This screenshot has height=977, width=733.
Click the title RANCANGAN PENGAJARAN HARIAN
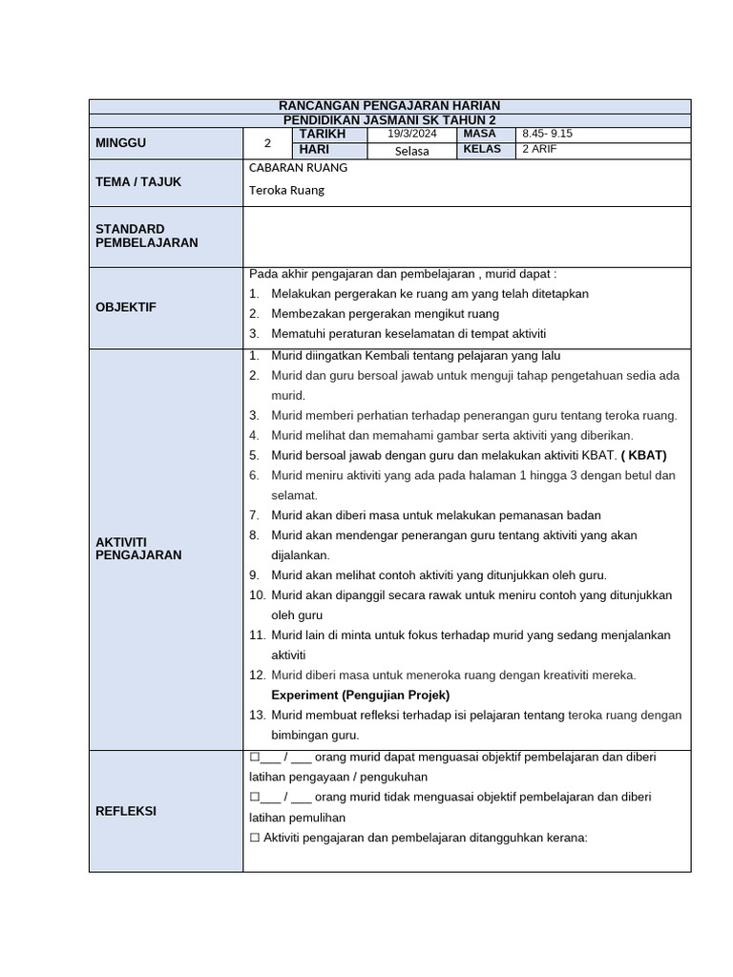pyautogui.click(x=390, y=106)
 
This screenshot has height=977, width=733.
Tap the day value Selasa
pyautogui.click(x=410, y=151)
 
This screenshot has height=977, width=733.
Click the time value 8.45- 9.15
pyautogui.click(x=547, y=135)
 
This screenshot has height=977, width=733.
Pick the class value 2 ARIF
pyautogui.click(x=539, y=150)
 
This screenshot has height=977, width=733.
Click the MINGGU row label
pyautogui.click(x=121, y=143)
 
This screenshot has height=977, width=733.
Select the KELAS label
pyautogui.click(x=482, y=150)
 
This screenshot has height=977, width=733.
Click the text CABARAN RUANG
pyautogui.click(x=298, y=168)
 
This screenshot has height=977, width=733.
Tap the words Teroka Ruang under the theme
pyautogui.click(x=286, y=190)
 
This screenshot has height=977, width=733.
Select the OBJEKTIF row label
pyautogui.click(x=125, y=307)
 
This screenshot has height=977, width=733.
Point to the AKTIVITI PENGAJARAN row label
pyautogui.click(x=138, y=548)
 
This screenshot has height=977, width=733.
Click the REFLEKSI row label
pyautogui.click(x=126, y=811)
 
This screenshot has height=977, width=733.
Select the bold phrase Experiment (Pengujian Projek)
pyautogui.click(x=360, y=695)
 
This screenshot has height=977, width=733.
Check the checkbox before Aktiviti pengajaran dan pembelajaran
pyautogui.click(x=255, y=838)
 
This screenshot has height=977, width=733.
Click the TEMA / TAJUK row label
pyautogui.click(x=138, y=181)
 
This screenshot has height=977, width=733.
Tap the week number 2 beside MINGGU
pyautogui.click(x=267, y=144)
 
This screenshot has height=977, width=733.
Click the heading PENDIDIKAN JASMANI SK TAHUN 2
pyautogui.click(x=390, y=120)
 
